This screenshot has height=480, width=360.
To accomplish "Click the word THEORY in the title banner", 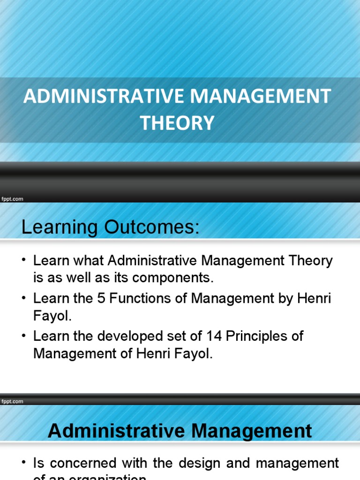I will [177, 123].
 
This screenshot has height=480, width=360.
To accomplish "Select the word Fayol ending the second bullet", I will [51, 316].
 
